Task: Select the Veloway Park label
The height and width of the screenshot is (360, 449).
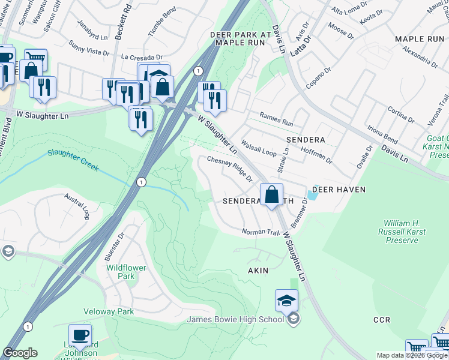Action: [126, 312]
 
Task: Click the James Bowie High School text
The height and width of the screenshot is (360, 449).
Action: [235, 319]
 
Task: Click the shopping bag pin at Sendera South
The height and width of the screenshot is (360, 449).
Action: [271, 194]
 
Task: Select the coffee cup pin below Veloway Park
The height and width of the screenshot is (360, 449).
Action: [80, 335]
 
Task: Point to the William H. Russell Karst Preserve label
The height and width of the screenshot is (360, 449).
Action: [402, 231]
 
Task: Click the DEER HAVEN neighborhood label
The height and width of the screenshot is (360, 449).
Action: [337, 189]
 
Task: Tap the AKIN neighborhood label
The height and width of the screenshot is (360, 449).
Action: [258, 271]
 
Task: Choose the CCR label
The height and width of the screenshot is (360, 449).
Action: [382, 319]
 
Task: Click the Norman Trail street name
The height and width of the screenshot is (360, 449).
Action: [261, 232]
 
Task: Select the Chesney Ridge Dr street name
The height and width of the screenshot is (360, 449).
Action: [230, 168]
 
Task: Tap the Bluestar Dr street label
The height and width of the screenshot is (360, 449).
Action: [112, 246]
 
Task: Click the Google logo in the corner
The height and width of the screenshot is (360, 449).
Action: [20, 353]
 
